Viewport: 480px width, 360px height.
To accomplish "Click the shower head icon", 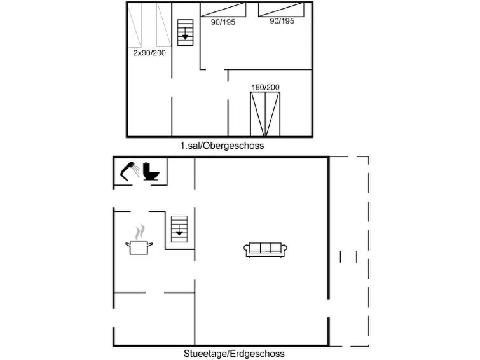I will click(129, 171).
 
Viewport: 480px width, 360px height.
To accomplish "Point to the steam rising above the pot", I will click(141, 230).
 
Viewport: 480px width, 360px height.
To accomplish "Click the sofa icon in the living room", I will click(266, 249).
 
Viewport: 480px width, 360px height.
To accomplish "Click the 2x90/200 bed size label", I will click(149, 53).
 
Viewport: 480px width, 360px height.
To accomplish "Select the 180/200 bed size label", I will click(265, 87).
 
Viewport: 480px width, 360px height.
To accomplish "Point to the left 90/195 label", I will click(223, 21).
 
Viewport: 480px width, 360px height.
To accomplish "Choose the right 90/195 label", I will click(282, 21).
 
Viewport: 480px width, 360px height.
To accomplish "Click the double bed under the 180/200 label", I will click(265, 114).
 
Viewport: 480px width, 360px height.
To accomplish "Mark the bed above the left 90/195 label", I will click(223, 9).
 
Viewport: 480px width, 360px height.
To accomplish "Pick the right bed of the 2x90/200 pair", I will click(163, 25).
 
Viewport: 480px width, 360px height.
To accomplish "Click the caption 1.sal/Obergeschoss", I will click(221, 146).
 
